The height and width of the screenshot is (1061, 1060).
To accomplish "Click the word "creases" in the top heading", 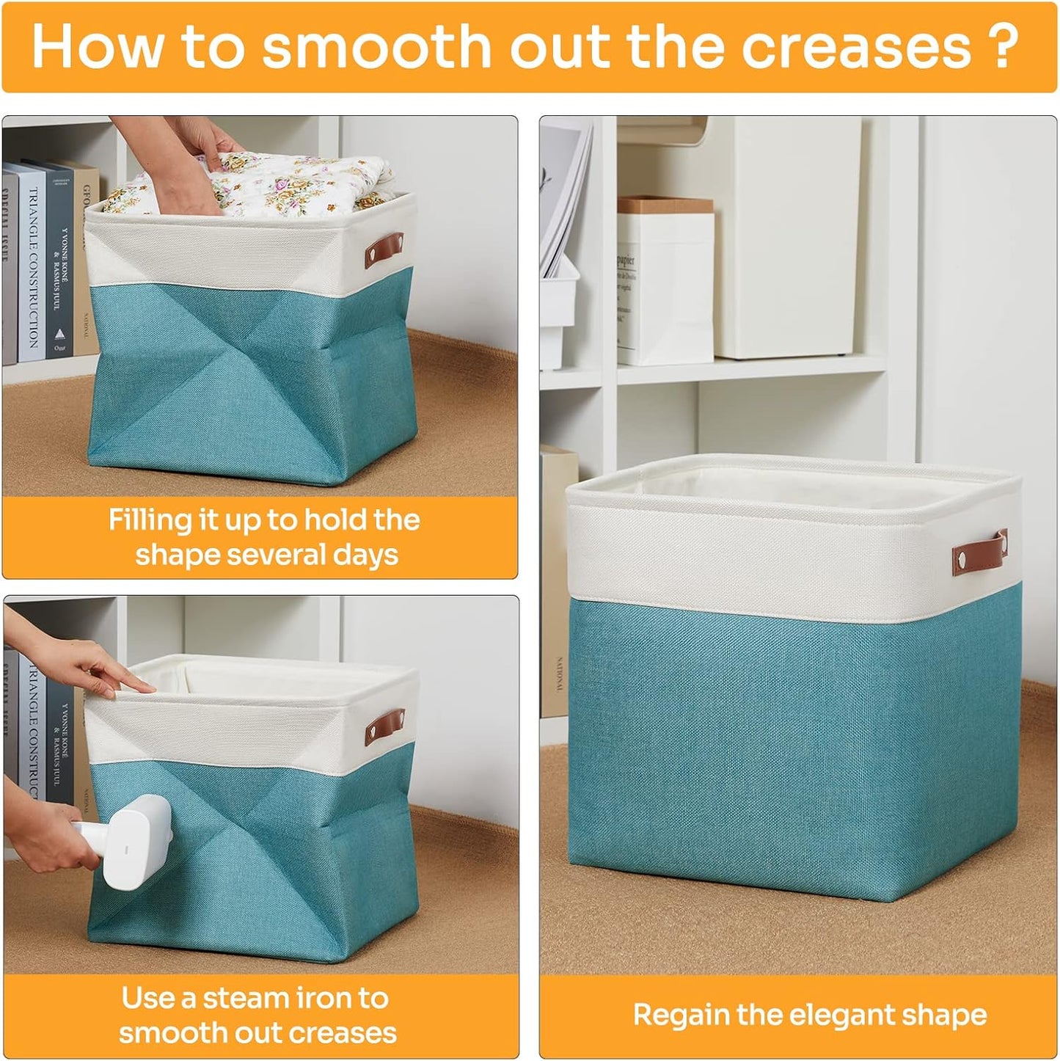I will pyautogui.click(x=856, y=46).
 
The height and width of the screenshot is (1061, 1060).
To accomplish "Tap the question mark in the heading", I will pyautogui.click(x=1004, y=46).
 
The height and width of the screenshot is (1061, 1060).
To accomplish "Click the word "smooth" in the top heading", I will pyautogui.click(x=376, y=46).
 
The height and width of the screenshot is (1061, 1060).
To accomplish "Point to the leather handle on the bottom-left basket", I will pyautogui.click(x=385, y=725).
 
